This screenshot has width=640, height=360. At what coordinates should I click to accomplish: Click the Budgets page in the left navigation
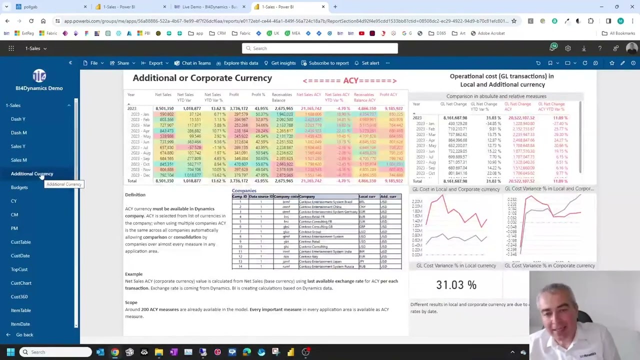pyautogui.click(x=19, y=187)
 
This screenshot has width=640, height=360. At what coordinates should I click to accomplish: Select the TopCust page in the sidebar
pyautogui.click(x=19, y=269)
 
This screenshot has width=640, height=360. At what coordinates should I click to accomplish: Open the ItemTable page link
pyautogui.click(x=21, y=310)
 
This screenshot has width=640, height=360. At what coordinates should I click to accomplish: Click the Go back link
pyautogui.click(x=24, y=335)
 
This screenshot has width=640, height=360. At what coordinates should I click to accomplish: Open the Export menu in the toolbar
pyautogui.click(x=155, y=63)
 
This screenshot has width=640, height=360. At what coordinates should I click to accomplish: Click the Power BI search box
pyautogui.click(x=320, y=48)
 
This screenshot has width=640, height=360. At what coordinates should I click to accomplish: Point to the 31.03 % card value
pyautogui.click(x=456, y=285)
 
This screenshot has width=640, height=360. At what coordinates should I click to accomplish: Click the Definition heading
pyautogui.click(x=135, y=195)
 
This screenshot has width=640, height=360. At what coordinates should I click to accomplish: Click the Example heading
pyautogui.click(x=133, y=274)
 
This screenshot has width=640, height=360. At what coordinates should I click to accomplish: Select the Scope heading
pyautogui.click(x=131, y=302)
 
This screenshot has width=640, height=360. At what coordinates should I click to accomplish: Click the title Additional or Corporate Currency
pyautogui.click(x=202, y=78)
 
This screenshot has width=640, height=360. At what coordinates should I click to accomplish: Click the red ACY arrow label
pyautogui.click(x=349, y=80)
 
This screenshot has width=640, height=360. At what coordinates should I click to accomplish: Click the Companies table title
pyautogui.click(x=243, y=190)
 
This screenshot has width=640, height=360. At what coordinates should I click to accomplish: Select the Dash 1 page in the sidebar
pyautogui.click(x=18, y=119)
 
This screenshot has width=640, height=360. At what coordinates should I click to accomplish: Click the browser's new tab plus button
pyautogui.click(x=335, y=7)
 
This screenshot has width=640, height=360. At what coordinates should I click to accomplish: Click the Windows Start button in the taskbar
pyautogui.click(x=10, y=352)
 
